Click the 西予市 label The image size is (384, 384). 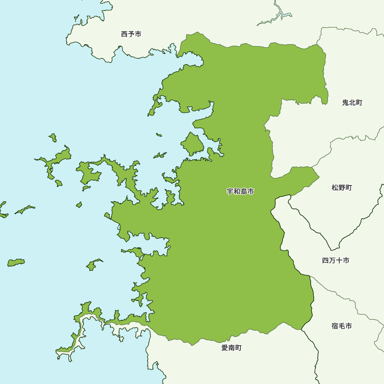[x=131, y=34]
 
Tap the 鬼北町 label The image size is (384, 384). [x=352, y=103]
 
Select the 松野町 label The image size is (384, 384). [x=342, y=188]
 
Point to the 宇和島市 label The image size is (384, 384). [x=240, y=191]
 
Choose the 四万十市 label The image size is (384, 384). [x=336, y=261]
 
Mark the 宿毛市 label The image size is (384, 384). [x=341, y=326]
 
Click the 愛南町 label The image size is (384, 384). [x=232, y=348]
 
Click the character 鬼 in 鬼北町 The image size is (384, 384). [x=346, y=103]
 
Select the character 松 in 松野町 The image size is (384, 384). [x=335, y=188]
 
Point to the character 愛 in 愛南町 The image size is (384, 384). [x=225, y=348]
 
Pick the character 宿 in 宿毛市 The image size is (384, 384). [x=335, y=326]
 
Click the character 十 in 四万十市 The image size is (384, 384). [x=339, y=261]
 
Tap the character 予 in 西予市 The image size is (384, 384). [x=131, y=34]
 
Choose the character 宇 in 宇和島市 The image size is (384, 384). [x=230, y=191]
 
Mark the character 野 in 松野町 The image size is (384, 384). [x=342, y=188]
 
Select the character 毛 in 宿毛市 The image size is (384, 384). [x=341, y=326]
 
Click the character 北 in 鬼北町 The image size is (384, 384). [x=352, y=103]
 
